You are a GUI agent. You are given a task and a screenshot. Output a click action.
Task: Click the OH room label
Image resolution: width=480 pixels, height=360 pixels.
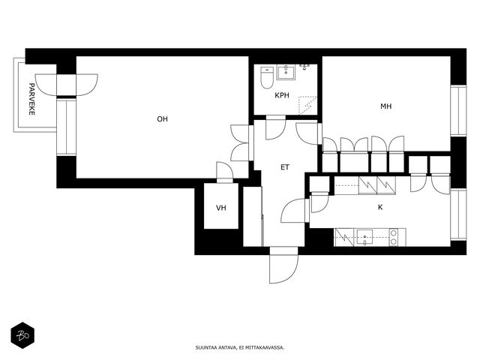point(162,119)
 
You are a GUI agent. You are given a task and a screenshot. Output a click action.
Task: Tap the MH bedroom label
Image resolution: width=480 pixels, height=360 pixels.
point(386,106)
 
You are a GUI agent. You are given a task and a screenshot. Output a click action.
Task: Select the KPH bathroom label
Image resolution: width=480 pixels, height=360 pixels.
point(282,95)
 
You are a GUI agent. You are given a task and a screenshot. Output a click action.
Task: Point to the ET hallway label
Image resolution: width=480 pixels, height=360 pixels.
point(285,167)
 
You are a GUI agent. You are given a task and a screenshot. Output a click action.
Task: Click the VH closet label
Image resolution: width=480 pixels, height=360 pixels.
point(221,208)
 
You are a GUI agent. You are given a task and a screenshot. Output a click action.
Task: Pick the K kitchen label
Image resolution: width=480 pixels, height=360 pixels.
point(380,207)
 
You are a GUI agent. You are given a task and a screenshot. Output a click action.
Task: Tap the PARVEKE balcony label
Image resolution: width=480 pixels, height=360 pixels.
point(31,99)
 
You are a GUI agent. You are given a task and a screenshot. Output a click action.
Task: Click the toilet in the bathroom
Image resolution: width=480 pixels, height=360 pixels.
point(267,77)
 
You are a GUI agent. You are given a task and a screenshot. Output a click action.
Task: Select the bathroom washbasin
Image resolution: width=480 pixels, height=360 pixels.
point(286,72)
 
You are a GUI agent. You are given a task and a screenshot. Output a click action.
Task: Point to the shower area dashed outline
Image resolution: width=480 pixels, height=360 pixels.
point(307,106)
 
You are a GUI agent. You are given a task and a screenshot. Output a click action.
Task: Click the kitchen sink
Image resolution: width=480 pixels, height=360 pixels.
point(364,237)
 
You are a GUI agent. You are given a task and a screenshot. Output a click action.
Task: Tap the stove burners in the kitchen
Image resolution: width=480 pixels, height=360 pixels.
point(394,237)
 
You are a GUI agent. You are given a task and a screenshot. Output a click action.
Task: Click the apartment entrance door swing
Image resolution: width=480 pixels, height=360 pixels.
point(283,265)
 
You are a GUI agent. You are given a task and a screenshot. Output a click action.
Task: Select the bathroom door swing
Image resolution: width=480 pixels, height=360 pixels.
point(276,127)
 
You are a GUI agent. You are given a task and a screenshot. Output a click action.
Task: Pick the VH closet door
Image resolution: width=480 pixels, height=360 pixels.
point(225,172)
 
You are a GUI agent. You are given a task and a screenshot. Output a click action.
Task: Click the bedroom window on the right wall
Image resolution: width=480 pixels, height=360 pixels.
point(458,110)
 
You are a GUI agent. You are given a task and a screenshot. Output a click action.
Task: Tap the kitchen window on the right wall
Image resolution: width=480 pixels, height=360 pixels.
point(458,215)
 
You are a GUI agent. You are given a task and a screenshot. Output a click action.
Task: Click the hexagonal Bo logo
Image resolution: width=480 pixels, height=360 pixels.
point(22,335)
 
